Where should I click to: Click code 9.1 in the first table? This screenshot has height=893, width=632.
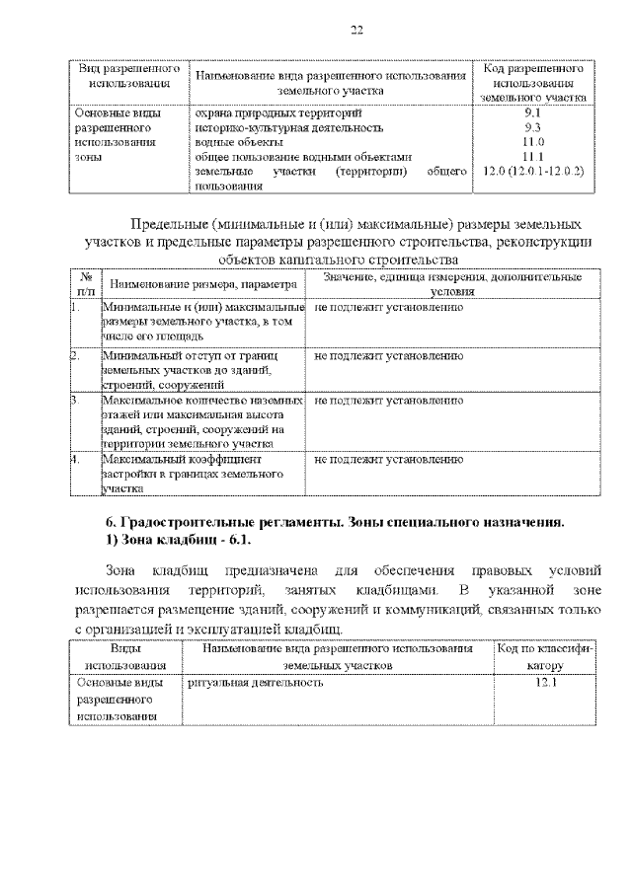click(x=533, y=113)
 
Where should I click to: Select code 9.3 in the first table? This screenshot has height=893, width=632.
click(x=533, y=128)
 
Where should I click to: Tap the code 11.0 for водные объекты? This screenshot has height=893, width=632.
click(x=533, y=142)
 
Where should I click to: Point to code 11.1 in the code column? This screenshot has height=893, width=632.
click(x=533, y=157)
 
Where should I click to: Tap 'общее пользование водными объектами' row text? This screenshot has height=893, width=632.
click(x=302, y=157)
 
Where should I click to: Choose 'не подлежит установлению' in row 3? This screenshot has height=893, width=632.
click(x=388, y=403)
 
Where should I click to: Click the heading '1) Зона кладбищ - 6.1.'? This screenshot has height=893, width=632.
click(x=180, y=541)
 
